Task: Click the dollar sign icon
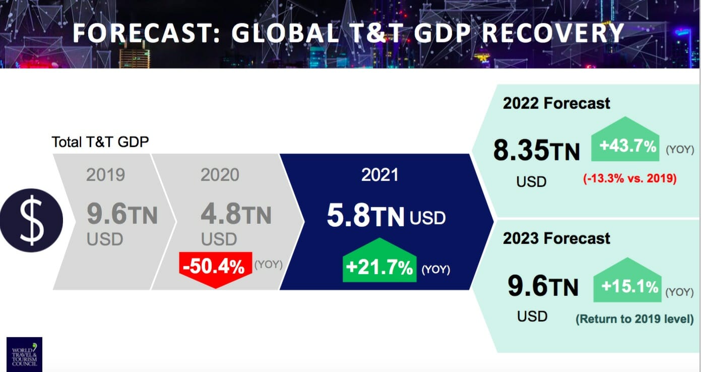click(31, 220)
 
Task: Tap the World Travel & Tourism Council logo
click(24, 354)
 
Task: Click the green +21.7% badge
click(379, 268)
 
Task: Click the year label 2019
click(105, 175)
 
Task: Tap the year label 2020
click(220, 175)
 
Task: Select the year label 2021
click(379, 174)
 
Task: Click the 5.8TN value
click(366, 216)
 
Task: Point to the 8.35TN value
click(536, 151)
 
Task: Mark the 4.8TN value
click(236, 214)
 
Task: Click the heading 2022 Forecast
click(556, 103)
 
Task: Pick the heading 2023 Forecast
click(556, 238)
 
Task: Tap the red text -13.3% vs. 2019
click(629, 178)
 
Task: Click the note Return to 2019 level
click(634, 319)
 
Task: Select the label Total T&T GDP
click(100, 142)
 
